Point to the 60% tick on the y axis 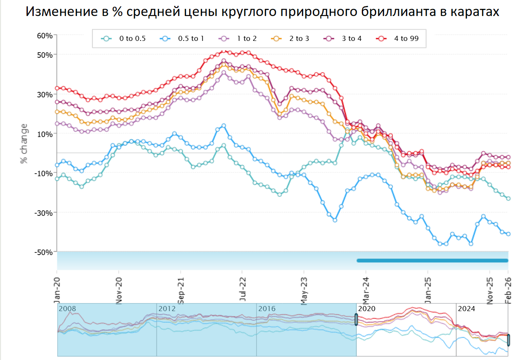click(x=45, y=35)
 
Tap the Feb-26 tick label click(x=508, y=286)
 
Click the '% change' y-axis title click(x=24, y=143)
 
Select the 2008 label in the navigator click(x=67, y=309)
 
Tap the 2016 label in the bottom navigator click(x=267, y=309)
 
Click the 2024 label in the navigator click(x=466, y=309)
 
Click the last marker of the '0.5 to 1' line click(x=508, y=234)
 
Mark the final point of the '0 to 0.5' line click(x=508, y=199)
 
